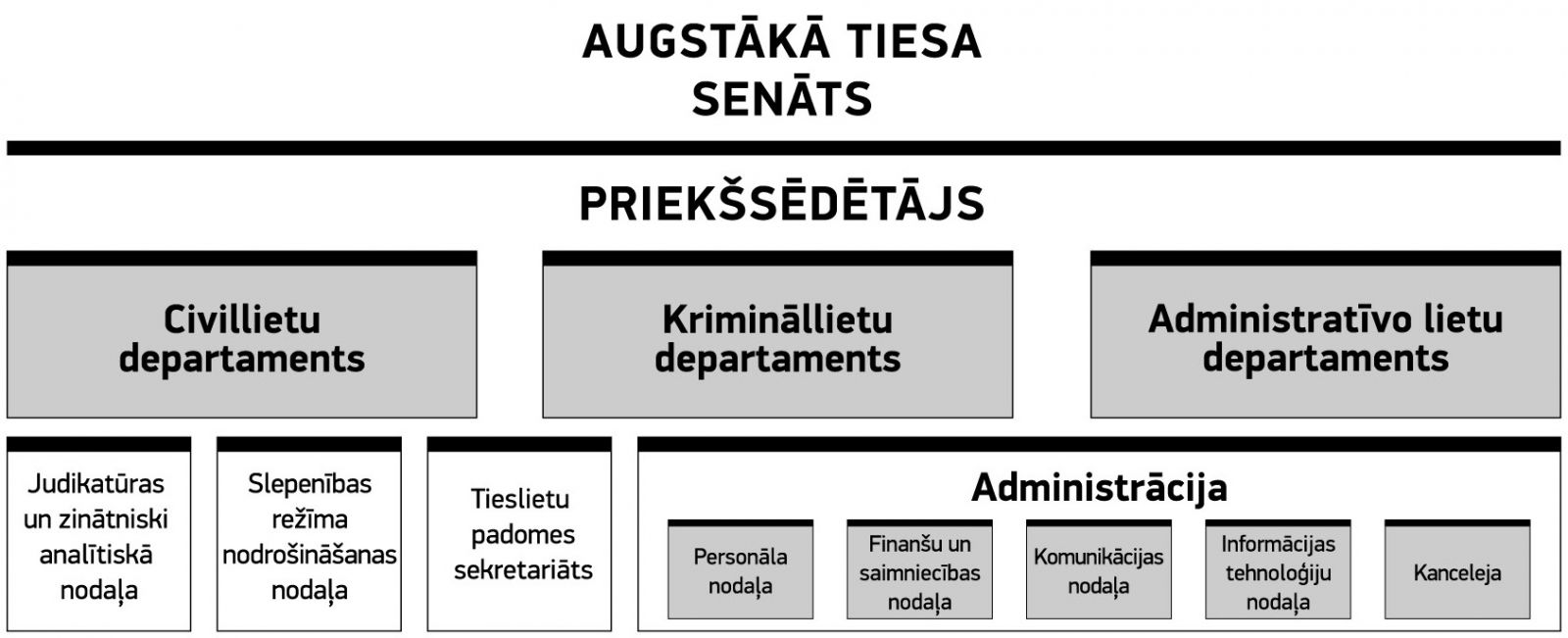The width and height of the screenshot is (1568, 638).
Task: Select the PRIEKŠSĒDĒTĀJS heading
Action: [782, 204]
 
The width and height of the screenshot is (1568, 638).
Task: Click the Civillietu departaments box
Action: [241, 334]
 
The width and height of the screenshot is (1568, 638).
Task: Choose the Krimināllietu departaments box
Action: [778, 334]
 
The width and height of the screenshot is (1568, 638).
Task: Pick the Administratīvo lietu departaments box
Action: [1326, 334]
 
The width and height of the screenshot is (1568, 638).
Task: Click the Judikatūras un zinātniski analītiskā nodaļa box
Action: [99, 534]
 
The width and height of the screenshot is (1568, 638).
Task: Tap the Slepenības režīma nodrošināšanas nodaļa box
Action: [310, 534]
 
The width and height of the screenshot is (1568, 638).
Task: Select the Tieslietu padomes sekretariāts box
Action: [519, 534]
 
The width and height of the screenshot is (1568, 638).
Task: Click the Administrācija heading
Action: [1099, 487]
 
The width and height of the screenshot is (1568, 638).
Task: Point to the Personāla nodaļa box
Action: [741, 569]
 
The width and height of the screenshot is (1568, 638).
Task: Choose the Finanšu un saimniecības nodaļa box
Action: [920, 569]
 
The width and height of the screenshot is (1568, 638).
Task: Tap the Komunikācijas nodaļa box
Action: [1099, 569]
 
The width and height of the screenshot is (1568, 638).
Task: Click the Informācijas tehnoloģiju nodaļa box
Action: [1278, 569]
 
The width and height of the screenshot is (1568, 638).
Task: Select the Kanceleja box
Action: [1457, 569]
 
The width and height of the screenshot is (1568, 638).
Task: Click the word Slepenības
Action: [310, 484]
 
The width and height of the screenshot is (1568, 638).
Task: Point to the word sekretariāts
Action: [523, 570]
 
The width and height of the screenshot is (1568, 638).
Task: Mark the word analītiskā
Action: [96, 555]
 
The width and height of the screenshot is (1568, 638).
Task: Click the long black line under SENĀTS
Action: [784, 148]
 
